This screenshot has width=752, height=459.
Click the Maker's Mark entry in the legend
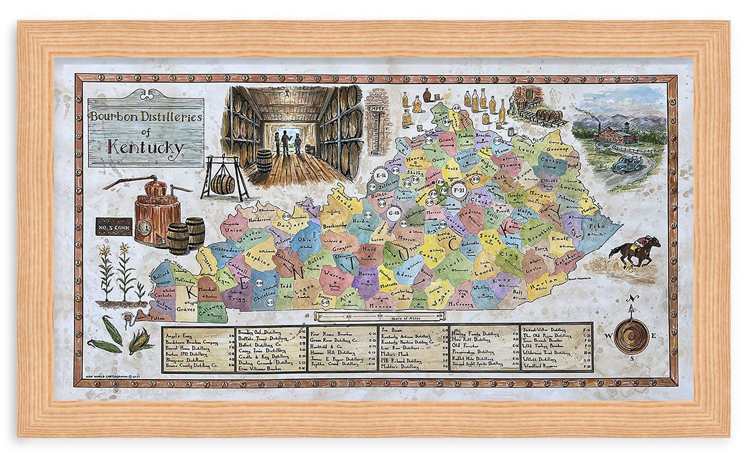point(395,354)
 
